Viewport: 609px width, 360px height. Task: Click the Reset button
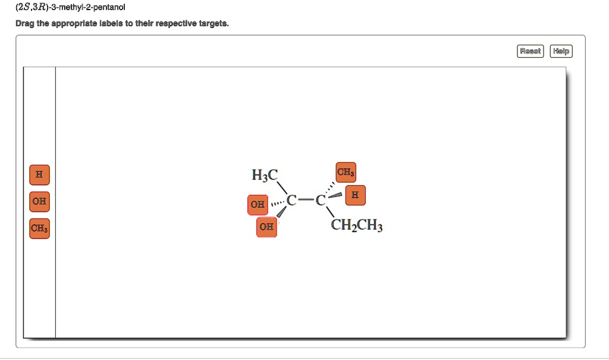click(x=530, y=51)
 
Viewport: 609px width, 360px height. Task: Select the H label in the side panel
click(x=39, y=175)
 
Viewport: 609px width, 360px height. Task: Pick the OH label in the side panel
click(x=39, y=201)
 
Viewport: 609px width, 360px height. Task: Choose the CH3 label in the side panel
click(x=39, y=228)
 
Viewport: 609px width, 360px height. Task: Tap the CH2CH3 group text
click(x=357, y=226)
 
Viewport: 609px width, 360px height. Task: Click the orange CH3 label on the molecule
click(x=346, y=173)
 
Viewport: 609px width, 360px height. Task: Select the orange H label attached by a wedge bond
click(x=355, y=195)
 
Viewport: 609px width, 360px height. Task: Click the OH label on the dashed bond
click(x=258, y=205)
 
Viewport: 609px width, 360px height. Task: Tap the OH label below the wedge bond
click(x=266, y=227)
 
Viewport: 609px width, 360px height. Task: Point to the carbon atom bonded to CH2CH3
click(x=320, y=200)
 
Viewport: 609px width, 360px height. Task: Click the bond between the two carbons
click(x=306, y=200)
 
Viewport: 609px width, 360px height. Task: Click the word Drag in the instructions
click(x=26, y=24)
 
